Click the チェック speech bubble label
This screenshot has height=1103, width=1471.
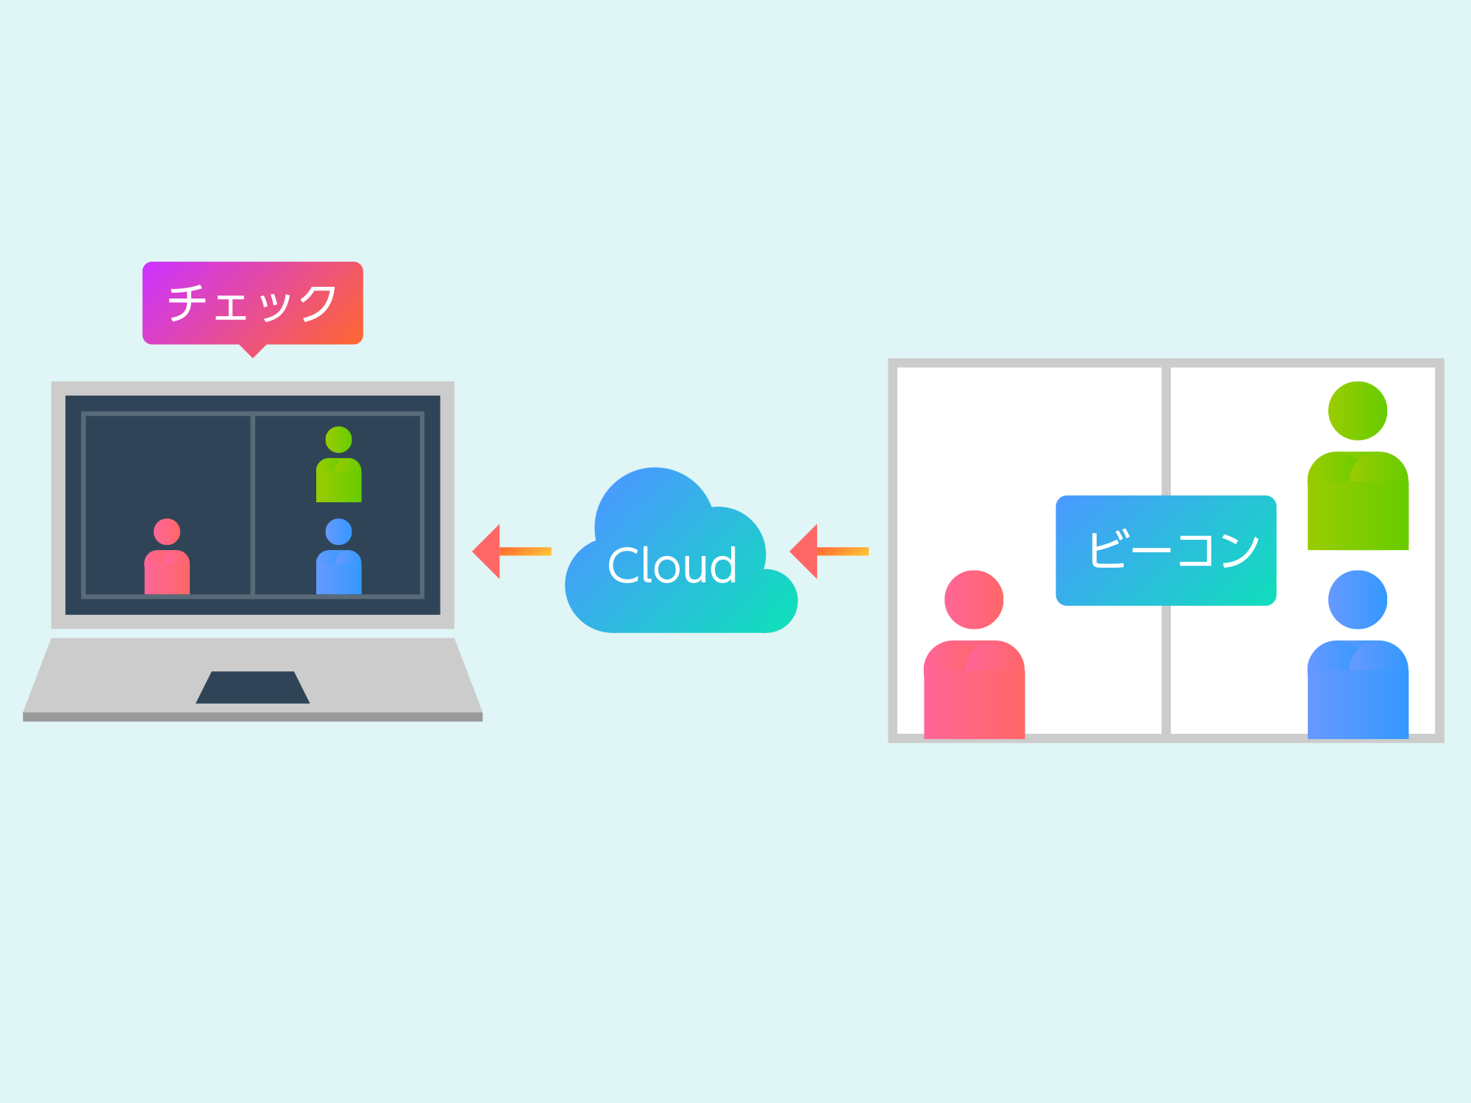click(x=252, y=303)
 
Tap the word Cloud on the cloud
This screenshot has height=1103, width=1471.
click(x=672, y=565)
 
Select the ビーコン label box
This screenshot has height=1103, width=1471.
click(x=1166, y=551)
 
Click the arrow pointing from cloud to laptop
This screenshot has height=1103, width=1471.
click(x=512, y=551)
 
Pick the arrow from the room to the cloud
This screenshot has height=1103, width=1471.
click(x=829, y=551)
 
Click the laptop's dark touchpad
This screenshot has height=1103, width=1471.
click(x=252, y=688)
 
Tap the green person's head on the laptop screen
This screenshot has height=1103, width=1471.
click(x=338, y=440)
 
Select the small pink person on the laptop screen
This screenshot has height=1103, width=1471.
click(x=167, y=557)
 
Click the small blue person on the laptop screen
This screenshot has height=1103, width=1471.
click(x=338, y=557)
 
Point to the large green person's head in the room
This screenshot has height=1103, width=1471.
click(x=1358, y=411)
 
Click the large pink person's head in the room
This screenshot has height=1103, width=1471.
click(x=974, y=600)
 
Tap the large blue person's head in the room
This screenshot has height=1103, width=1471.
click(x=1358, y=600)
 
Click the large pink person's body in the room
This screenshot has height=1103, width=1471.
click(x=974, y=690)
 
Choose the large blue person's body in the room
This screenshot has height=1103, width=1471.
click(x=1358, y=690)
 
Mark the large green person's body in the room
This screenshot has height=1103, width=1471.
click(x=1358, y=501)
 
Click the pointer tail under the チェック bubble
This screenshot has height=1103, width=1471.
click(x=252, y=351)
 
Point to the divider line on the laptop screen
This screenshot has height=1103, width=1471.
click(x=252, y=504)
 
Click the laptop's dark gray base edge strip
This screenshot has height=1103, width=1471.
click(x=252, y=717)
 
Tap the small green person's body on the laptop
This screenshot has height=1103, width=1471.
click(x=338, y=480)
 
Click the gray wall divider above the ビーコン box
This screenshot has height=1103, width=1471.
click(x=1166, y=431)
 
